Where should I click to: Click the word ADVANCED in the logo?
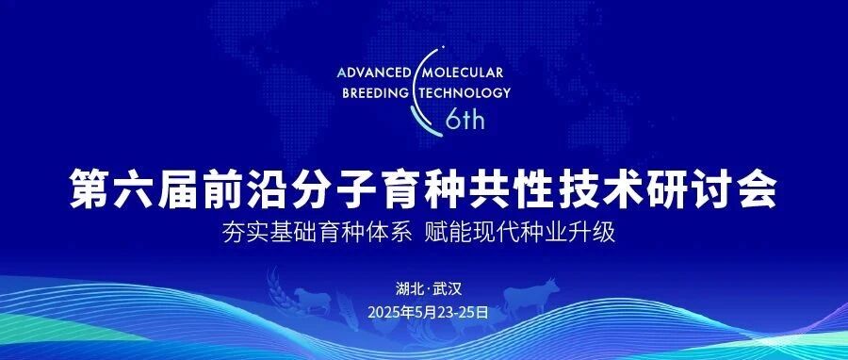coord(374,73)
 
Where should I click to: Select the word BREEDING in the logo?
coord(376,92)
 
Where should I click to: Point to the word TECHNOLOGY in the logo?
coord(464,92)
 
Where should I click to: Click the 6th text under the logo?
coord(465,120)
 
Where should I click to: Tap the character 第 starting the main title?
coord(90,188)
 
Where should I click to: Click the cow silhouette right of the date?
coord(531,296)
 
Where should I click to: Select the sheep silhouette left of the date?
coord(313,301)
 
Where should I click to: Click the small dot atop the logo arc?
coord(444,47)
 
